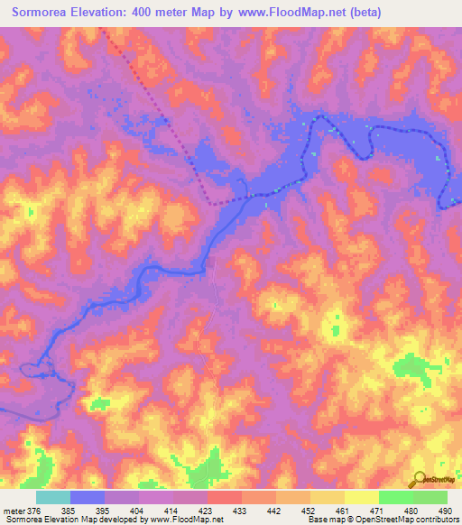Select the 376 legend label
click(34, 510)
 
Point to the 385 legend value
click(70, 510)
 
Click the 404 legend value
click(139, 510)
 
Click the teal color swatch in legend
click(53, 497)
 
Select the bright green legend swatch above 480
click(396, 497)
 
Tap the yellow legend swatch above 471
click(362, 497)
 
